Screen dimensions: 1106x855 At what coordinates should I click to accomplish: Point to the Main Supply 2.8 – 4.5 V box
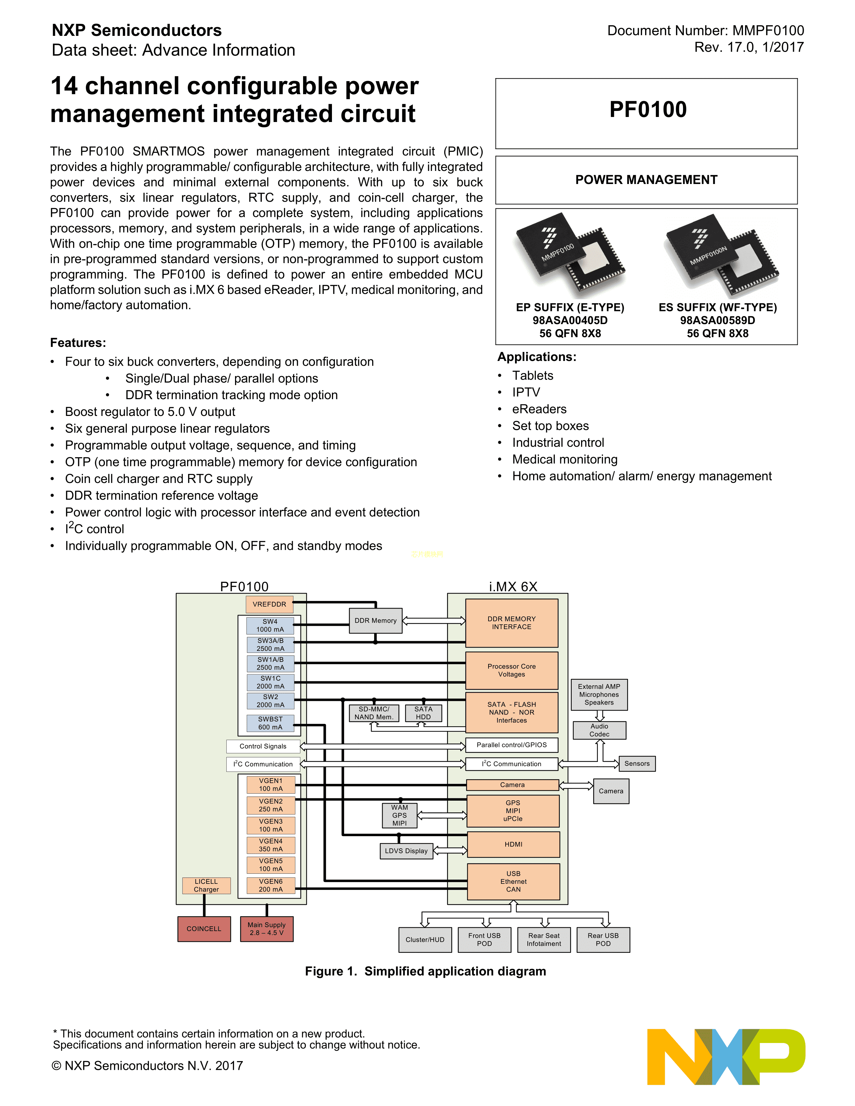(267, 929)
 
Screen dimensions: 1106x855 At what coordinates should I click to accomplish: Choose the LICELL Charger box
(206, 886)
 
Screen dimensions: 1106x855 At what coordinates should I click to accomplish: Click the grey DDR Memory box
(375, 621)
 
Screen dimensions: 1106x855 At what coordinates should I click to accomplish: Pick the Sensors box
(637, 764)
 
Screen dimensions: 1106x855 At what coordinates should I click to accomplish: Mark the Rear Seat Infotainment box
(544, 940)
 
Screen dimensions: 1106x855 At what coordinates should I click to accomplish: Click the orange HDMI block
(513, 844)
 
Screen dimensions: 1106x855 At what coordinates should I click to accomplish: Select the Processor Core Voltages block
(512, 671)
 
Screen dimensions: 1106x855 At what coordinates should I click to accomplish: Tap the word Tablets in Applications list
(532, 376)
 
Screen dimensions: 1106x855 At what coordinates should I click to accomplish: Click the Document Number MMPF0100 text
(705, 31)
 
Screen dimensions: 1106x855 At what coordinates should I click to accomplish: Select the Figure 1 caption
(425, 971)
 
